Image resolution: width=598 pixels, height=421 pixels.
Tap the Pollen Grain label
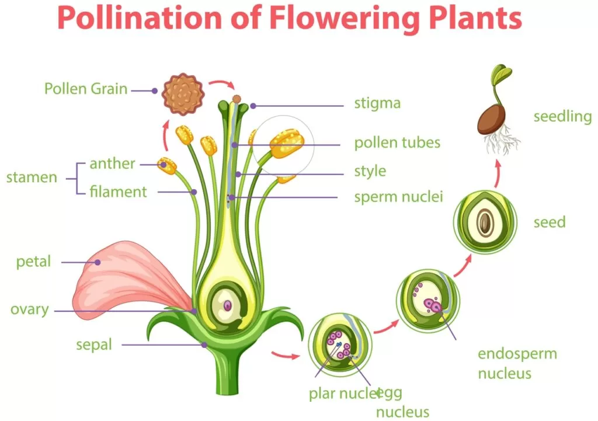click(x=86, y=89)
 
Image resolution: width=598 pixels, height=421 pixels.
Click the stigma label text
click(x=377, y=104)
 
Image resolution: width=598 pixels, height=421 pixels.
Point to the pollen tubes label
click(x=397, y=142)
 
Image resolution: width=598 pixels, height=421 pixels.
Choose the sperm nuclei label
click(x=398, y=196)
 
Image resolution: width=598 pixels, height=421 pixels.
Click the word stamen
click(x=32, y=177)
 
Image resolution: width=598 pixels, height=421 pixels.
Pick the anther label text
click(x=112, y=163)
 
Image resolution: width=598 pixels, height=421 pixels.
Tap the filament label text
click(x=118, y=191)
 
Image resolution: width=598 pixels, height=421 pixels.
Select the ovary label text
click(x=29, y=309)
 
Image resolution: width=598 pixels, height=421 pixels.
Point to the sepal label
click(x=93, y=345)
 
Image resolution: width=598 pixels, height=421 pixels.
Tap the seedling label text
click(x=562, y=116)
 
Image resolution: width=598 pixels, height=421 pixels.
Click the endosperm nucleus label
click(x=517, y=363)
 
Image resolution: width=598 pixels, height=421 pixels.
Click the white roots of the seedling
click(x=503, y=143)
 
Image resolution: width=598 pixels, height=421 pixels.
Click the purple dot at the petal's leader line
click(x=98, y=262)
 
